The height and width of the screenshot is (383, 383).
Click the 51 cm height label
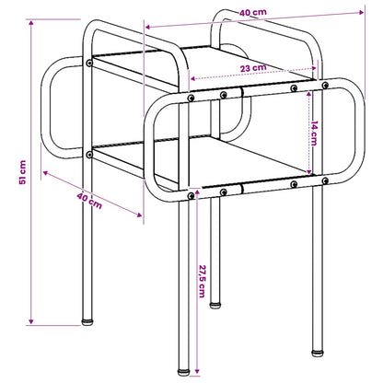(22, 172)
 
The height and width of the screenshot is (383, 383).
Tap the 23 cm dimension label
(253, 68)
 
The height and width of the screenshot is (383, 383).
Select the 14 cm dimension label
(314, 133)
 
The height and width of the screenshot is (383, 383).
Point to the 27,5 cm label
(202, 281)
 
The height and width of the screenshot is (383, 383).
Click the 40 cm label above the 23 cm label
(253, 13)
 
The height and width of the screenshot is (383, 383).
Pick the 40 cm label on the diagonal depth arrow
(89, 201)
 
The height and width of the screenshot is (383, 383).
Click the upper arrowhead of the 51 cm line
(31, 22)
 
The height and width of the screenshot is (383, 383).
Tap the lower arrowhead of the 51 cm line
(31, 321)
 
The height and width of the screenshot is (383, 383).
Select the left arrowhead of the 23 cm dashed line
(193, 78)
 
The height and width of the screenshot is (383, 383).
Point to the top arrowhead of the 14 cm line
(309, 93)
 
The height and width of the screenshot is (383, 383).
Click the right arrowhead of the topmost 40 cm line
(361, 12)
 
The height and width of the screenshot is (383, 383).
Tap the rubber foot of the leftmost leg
(87, 322)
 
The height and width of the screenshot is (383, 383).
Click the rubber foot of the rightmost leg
(318, 353)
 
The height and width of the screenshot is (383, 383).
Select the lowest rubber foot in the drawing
(184, 372)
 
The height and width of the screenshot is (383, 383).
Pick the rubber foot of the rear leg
(215, 306)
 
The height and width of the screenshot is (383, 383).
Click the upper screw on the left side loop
(89, 63)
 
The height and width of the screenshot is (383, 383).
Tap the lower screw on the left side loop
(89, 155)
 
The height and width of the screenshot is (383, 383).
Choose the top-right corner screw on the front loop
(325, 85)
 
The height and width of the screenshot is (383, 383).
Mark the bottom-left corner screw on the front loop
(191, 195)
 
